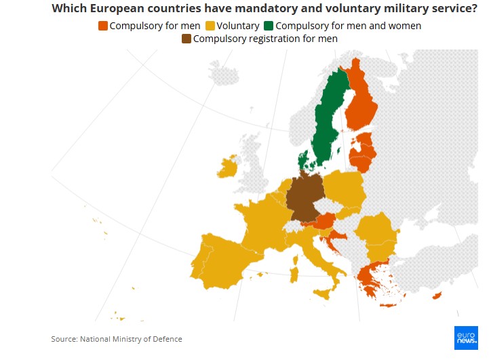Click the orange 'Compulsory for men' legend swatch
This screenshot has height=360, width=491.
click(103, 26)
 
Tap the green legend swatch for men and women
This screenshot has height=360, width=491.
click(270, 26)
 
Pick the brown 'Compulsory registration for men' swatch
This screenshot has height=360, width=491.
click(186, 39)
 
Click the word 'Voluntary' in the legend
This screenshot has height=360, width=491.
click(237, 26)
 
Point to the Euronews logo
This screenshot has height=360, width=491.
click(466, 337)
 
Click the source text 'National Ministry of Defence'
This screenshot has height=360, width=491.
click(131, 339)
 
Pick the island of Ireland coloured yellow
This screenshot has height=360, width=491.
click(228, 167)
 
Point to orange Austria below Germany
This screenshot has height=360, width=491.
click(324, 221)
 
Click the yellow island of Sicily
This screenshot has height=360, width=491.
click(323, 294)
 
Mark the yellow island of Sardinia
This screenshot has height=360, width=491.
click(294, 275)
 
